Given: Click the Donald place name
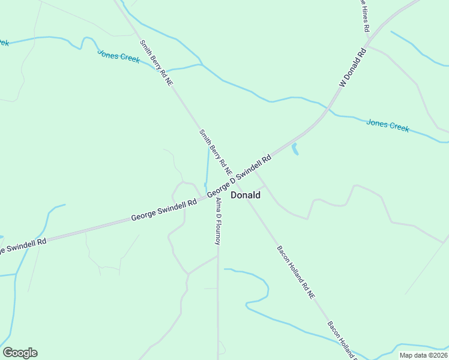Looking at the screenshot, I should point(246,195).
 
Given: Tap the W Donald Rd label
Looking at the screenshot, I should point(352,68).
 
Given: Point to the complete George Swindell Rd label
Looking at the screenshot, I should point(164,211).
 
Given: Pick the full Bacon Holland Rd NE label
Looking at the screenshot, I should point(296,272).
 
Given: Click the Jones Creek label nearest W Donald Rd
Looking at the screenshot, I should point(388,125).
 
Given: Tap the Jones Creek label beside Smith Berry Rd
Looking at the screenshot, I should point(119,56).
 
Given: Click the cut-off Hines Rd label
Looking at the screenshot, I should point(364,15).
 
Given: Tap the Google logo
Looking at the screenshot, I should point(20,353).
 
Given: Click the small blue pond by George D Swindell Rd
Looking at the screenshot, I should point(295,149).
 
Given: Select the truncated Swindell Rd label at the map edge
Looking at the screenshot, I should point(23,245).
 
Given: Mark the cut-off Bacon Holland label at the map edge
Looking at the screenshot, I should point(342,341).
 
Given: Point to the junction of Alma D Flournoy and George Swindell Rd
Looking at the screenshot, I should point(217,197).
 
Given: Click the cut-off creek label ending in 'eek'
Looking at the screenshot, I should point(4,43).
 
